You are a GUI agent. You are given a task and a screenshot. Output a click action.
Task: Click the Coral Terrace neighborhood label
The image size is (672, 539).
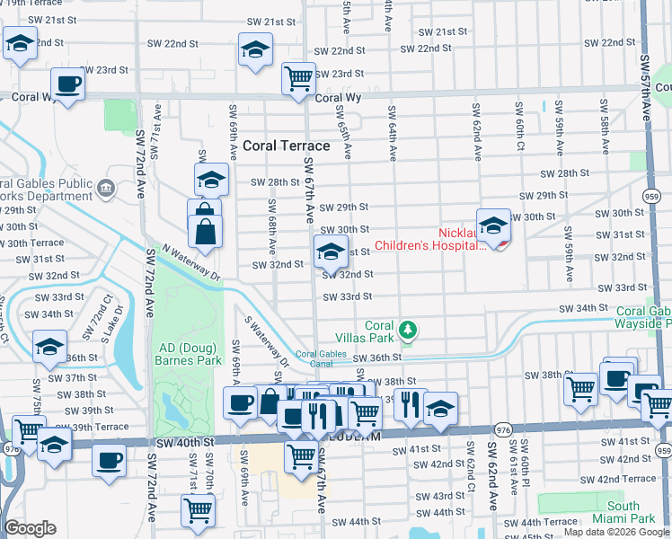tap(286, 144)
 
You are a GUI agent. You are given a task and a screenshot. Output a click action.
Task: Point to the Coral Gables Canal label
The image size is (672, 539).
tap(321, 359)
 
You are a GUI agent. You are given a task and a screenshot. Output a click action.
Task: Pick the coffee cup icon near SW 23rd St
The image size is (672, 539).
tap(67, 85)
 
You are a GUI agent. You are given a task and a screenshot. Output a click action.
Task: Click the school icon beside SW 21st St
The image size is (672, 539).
tap(256, 49)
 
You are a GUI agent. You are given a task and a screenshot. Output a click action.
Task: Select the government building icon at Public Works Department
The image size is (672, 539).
tap(106, 188)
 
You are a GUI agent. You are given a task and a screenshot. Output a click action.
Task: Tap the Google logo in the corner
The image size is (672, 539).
tap(30, 528)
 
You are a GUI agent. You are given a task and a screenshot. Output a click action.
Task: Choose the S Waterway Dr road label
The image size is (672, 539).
tap(267, 341)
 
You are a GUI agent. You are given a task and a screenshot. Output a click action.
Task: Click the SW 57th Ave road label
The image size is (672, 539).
tap(647, 85)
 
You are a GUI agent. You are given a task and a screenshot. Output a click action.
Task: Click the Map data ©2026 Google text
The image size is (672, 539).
tap(616, 532)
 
